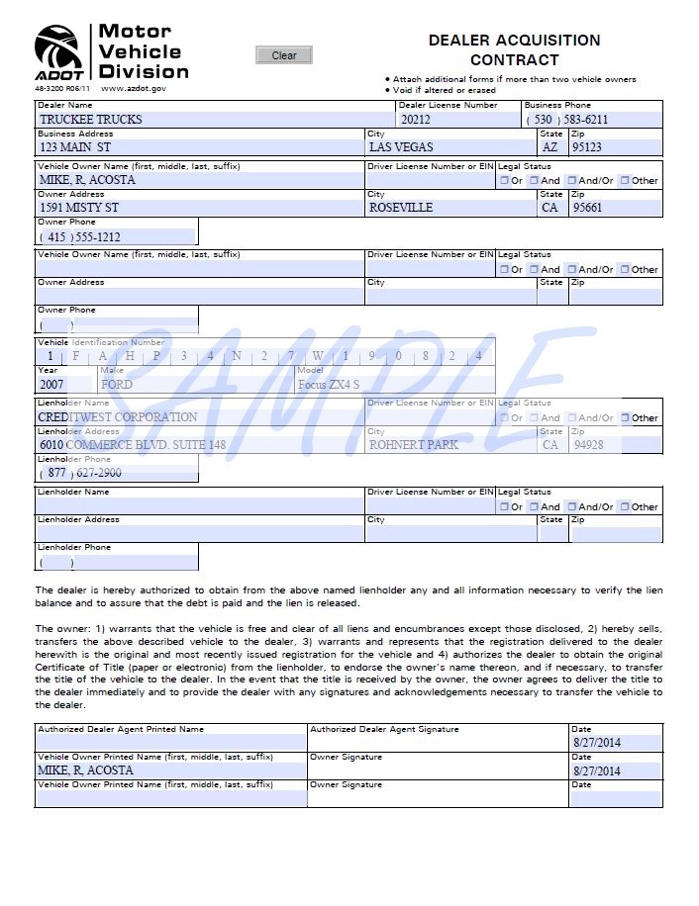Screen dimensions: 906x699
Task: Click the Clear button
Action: point(283,55)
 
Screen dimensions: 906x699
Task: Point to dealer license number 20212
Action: point(416,120)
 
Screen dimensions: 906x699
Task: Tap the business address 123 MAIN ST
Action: point(75,147)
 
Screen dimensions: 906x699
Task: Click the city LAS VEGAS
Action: point(401,147)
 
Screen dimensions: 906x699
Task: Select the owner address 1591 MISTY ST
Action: point(79,208)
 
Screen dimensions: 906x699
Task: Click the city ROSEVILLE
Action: point(401,208)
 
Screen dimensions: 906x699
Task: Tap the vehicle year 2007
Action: point(50,385)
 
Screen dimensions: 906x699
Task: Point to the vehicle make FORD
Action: point(117,385)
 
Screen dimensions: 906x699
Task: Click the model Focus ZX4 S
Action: point(329,385)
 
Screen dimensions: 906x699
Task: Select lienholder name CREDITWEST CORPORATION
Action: point(118,417)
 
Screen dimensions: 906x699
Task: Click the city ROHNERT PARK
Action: point(414,445)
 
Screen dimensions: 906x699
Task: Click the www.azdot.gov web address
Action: point(134,89)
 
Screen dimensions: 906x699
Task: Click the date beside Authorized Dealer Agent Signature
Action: point(596,743)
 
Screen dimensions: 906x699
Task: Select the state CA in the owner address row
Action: point(549,208)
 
